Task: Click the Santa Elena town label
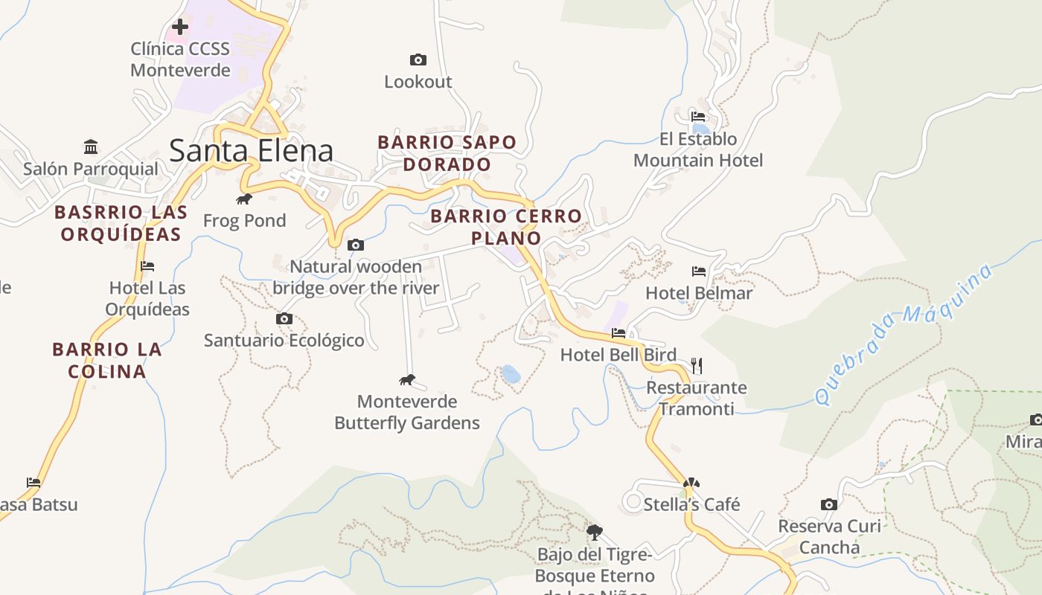click(x=251, y=150)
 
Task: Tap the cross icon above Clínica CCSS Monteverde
click(x=179, y=28)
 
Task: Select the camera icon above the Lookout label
click(x=418, y=59)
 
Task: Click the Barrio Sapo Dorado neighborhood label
click(x=447, y=153)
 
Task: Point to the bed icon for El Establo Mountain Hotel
click(x=697, y=117)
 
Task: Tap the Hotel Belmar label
click(x=698, y=293)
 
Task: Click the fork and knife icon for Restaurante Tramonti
click(x=697, y=365)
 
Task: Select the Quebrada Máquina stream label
click(x=904, y=334)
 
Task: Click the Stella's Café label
click(x=691, y=504)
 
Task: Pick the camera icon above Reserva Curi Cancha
click(x=829, y=504)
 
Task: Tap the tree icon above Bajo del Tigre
click(x=594, y=533)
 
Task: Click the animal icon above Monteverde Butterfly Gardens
click(x=406, y=380)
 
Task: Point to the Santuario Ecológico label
click(x=284, y=341)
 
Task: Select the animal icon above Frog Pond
click(x=244, y=199)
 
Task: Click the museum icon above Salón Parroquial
click(x=91, y=147)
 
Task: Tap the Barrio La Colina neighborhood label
click(x=107, y=360)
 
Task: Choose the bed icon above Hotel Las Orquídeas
click(x=147, y=266)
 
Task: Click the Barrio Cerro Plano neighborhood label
click(x=506, y=227)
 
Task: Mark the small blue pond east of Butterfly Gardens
click(x=511, y=374)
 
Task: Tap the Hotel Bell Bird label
click(x=618, y=355)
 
